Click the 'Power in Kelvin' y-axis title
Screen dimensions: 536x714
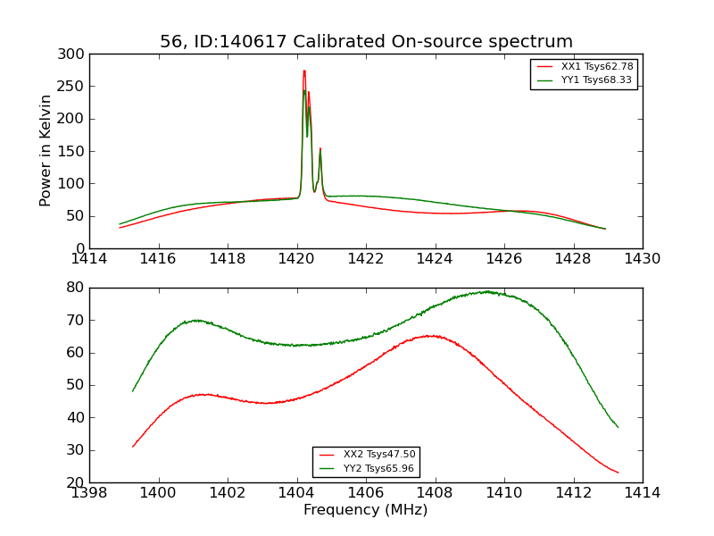[x=46, y=151]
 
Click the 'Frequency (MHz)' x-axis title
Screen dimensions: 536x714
[x=365, y=510]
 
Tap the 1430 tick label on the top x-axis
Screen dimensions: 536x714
[x=642, y=258]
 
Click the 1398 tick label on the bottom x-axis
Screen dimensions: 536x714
[x=89, y=492]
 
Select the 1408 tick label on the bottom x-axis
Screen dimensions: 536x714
[x=435, y=492]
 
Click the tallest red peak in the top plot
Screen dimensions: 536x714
[x=304, y=71]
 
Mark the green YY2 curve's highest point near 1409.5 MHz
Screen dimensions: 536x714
[x=487, y=291]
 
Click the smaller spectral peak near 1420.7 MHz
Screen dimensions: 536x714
[x=320, y=149]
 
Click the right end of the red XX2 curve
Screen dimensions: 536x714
[x=618, y=473]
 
